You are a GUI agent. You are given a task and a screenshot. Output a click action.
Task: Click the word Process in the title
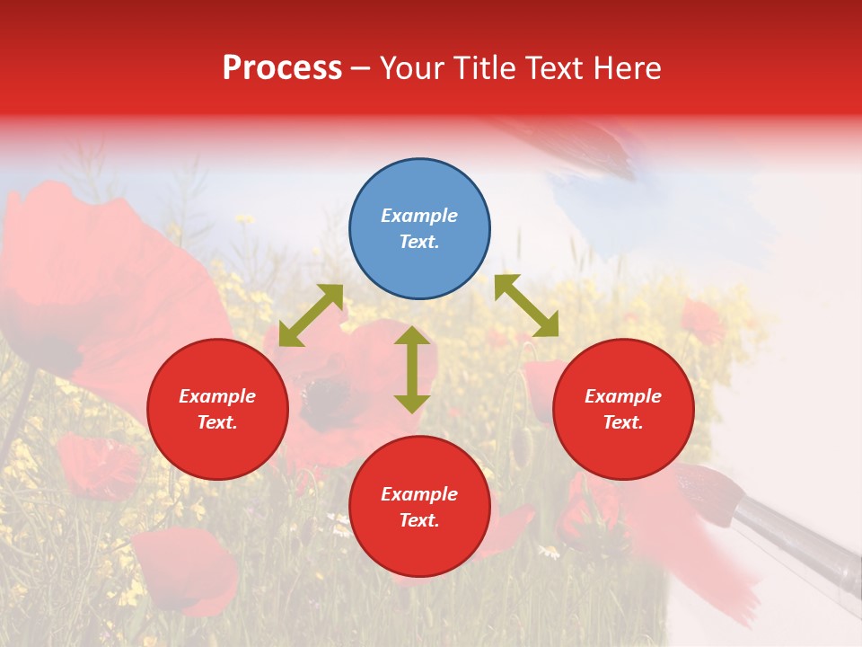(282, 68)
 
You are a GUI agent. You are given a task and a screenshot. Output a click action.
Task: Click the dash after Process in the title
(360, 69)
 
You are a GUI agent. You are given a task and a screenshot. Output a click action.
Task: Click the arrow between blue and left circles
(311, 315)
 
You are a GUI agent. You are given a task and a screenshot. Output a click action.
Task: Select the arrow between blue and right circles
(526, 306)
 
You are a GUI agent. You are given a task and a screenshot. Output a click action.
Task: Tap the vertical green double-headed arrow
(412, 369)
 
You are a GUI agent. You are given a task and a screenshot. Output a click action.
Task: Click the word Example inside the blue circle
(419, 216)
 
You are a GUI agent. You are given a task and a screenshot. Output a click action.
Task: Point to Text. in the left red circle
(217, 422)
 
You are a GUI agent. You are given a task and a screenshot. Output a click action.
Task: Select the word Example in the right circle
(623, 396)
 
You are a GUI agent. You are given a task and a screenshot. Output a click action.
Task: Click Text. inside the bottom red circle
(419, 520)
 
